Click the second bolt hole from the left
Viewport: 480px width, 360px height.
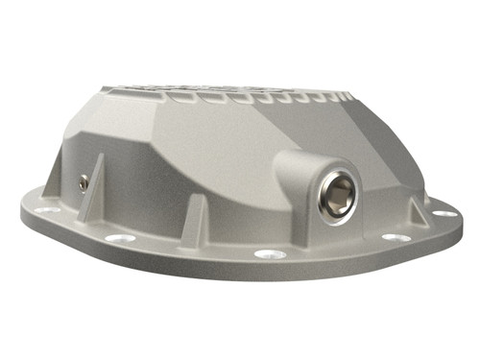coord(118,238)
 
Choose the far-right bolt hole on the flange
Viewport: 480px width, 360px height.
coord(439,214)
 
